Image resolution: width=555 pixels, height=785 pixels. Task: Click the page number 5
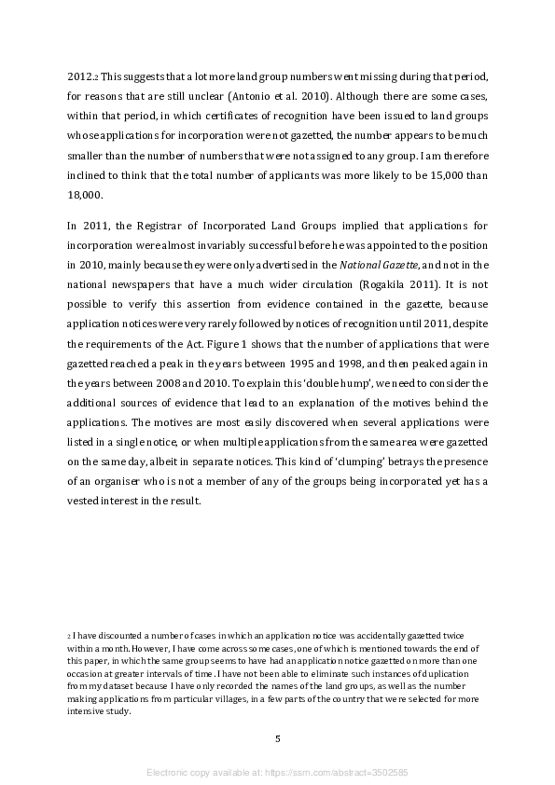point(277,738)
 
